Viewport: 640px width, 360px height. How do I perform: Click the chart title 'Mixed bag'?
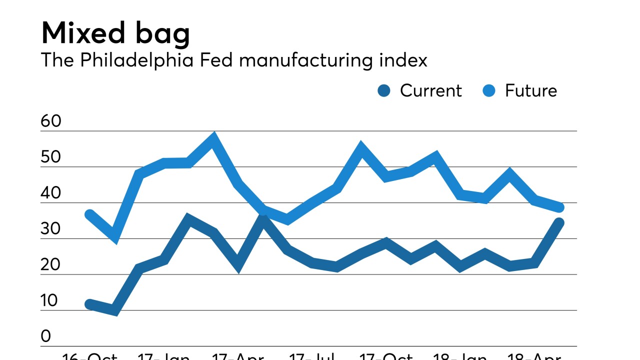(115, 33)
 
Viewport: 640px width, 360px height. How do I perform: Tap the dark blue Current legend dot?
(384, 91)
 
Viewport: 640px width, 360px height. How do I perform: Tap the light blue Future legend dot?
(489, 91)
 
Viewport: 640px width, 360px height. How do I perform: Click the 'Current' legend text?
(430, 90)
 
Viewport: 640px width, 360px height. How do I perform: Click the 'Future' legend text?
(530, 90)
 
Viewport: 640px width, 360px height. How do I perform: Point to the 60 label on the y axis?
(50, 121)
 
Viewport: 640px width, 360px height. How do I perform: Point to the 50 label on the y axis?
(50, 157)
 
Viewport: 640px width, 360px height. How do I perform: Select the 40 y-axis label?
(50, 193)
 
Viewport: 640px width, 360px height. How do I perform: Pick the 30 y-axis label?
(50, 229)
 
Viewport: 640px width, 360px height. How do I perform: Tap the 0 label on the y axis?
(46, 336)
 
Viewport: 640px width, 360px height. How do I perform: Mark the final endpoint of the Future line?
(559, 207)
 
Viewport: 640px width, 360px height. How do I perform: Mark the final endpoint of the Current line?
(559, 223)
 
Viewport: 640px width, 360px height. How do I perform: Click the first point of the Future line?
(90, 215)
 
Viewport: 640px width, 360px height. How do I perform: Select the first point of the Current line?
(90, 304)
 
